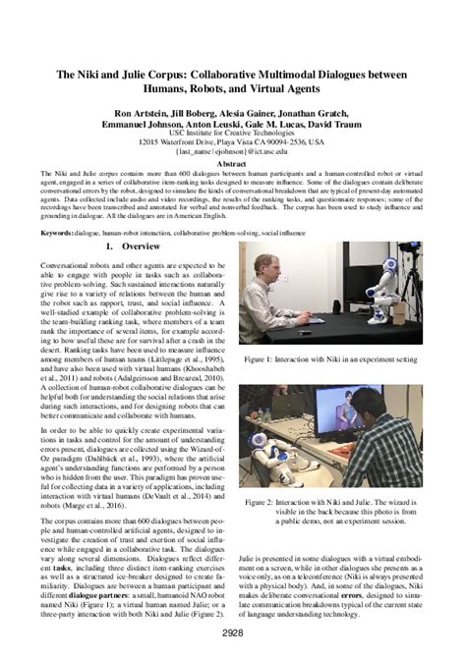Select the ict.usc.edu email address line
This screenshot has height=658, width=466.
233,153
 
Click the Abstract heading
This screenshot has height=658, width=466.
232,166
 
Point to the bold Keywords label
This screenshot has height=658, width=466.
59,233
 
